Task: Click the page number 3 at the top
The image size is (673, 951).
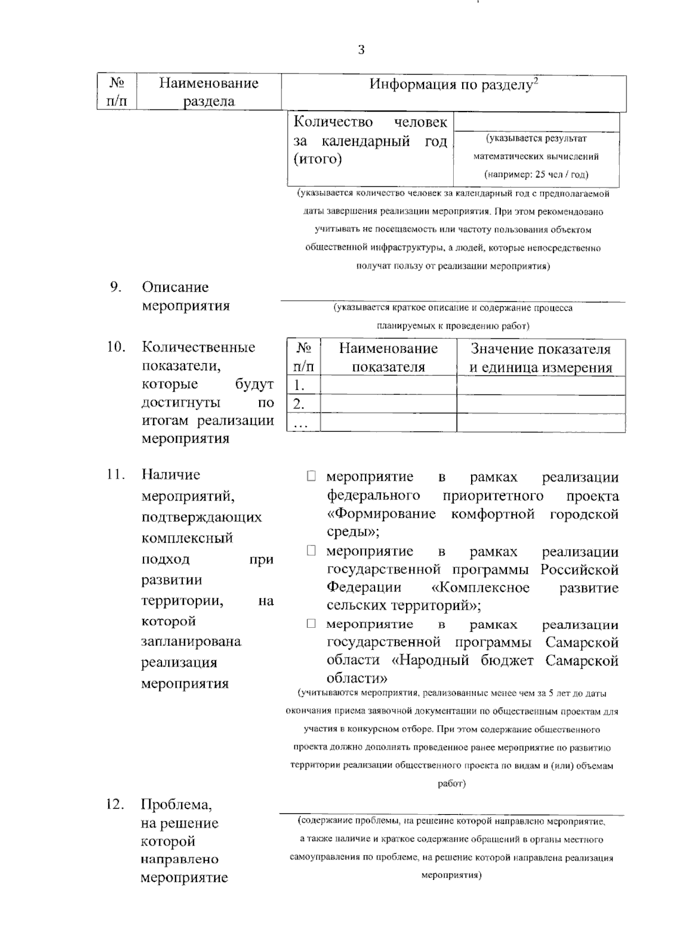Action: [x=361, y=50]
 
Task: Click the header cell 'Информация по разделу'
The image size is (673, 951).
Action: [x=453, y=85]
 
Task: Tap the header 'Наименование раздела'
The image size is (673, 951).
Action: [x=209, y=92]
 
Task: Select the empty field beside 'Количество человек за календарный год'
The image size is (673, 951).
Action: [x=536, y=122]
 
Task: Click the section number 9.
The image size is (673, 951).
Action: [x=116, y=287]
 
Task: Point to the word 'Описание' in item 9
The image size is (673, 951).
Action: [x=175, y=287]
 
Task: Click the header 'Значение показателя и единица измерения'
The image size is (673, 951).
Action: [x=541, y=358]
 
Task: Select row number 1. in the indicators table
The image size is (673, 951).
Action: [x=299, y=385]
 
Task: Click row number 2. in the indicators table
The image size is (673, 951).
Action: [x=299, y=404]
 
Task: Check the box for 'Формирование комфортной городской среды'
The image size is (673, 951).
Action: [x=311, y=477]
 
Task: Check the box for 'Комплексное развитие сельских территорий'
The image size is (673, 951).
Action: [x=311, y=551]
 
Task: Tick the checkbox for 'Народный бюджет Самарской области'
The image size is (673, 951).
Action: [x=311, y=624]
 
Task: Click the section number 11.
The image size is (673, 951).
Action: [x=116, y=475]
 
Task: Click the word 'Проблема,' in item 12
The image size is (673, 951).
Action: [x=176, y=805]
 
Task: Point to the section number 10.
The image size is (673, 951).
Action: [x=116, y=347]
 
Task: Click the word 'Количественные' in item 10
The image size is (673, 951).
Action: [x=198, y=347]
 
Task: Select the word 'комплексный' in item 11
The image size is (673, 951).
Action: [x=187, y=538]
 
